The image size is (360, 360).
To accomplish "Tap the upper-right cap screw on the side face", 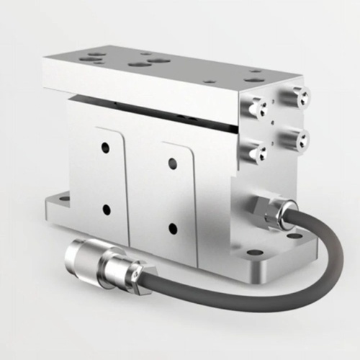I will pyautogui.click(x=297, y=95).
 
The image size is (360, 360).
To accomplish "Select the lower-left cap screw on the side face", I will pyautogui.click(x=257, y=150).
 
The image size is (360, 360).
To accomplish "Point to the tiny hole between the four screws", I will pyautogui.click(x=276, y=122).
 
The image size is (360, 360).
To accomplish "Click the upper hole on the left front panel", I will pyautogui.click(x=105, y=148).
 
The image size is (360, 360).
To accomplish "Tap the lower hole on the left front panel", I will pyautogui.click(x=106, y=210).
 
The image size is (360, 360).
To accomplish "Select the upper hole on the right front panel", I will pyautogui.click(x=173, y=163).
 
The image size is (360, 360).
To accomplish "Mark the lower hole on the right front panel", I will pyautogui.click(x=173, y=230).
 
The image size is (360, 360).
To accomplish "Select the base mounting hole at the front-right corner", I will pyautogui.click(x=255, y=253).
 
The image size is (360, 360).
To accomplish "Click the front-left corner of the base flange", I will pyautogui.click(x=49, y=217).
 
